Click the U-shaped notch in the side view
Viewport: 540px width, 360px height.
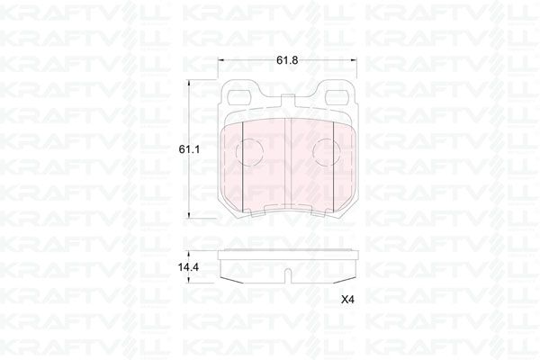(287, 274)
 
